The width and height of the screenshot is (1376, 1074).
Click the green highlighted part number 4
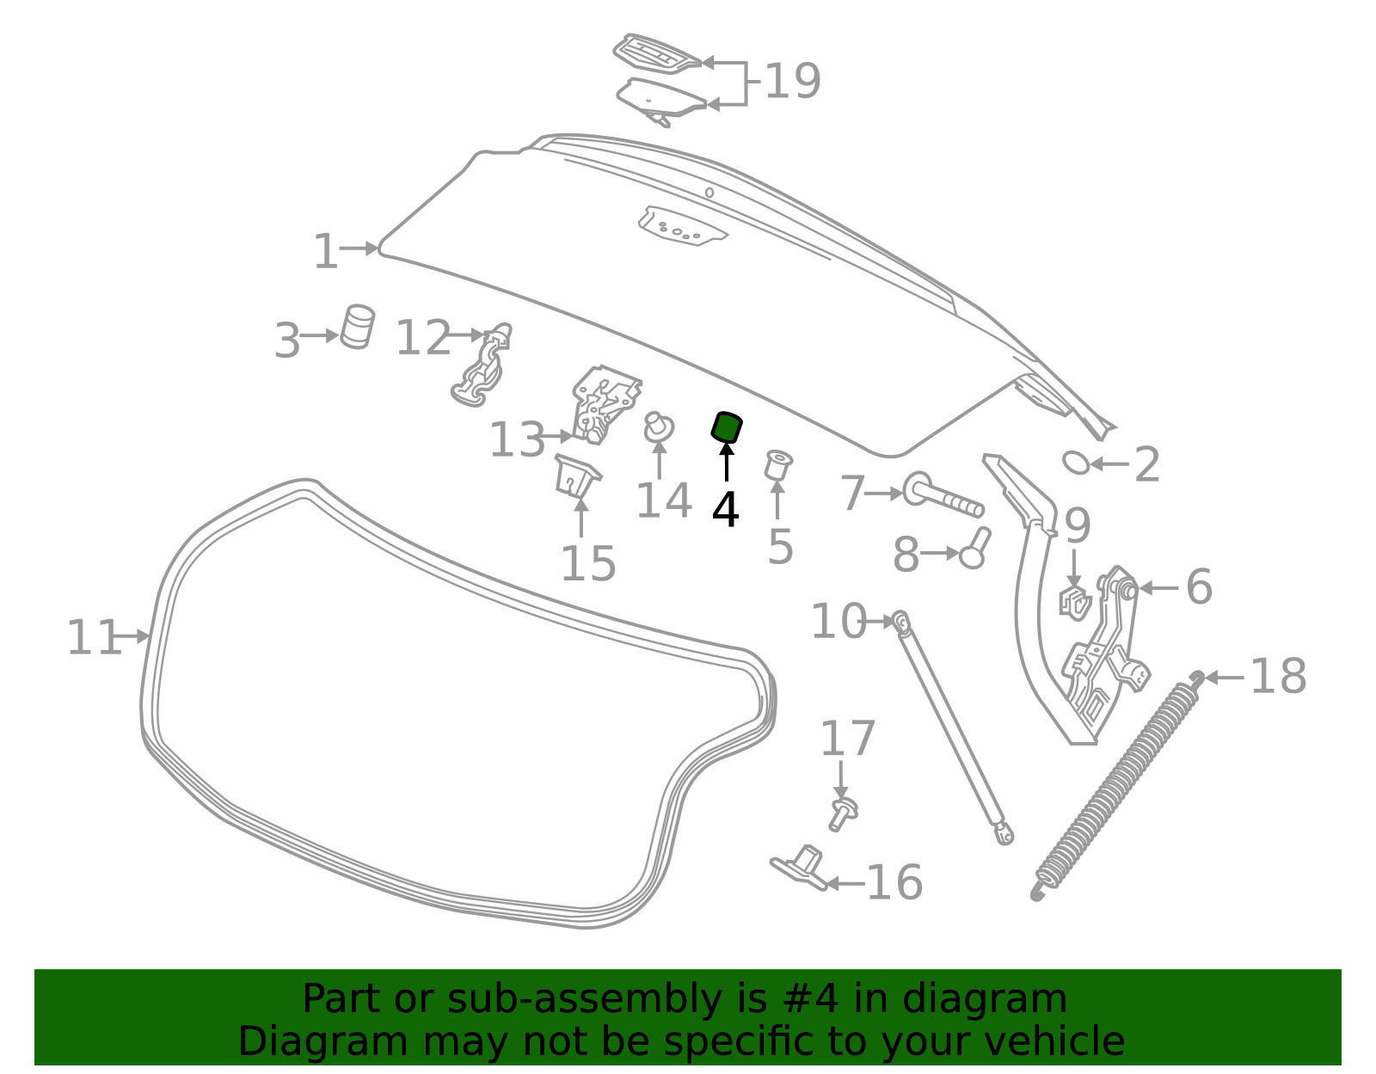point(727,428)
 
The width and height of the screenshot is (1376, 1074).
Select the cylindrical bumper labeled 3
point(357,328)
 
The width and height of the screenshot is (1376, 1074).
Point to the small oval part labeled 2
point(1077,463)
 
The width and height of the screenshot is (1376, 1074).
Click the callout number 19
point(793,81)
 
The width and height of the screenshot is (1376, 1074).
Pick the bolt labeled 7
point(943,495)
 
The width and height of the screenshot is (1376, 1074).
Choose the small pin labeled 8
point(974,549)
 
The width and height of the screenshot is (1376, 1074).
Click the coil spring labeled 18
point(1117,786)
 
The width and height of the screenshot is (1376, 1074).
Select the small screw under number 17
point(843,814)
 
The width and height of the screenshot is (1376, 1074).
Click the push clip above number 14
point(659,427)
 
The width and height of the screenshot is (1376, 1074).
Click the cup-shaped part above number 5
point(778,465)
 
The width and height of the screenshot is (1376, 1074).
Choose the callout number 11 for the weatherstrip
point(94,638)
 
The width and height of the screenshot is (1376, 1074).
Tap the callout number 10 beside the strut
point(838,622)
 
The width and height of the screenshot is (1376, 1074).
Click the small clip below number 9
point(1075,604)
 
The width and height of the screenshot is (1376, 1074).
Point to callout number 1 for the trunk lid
point(326,251)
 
